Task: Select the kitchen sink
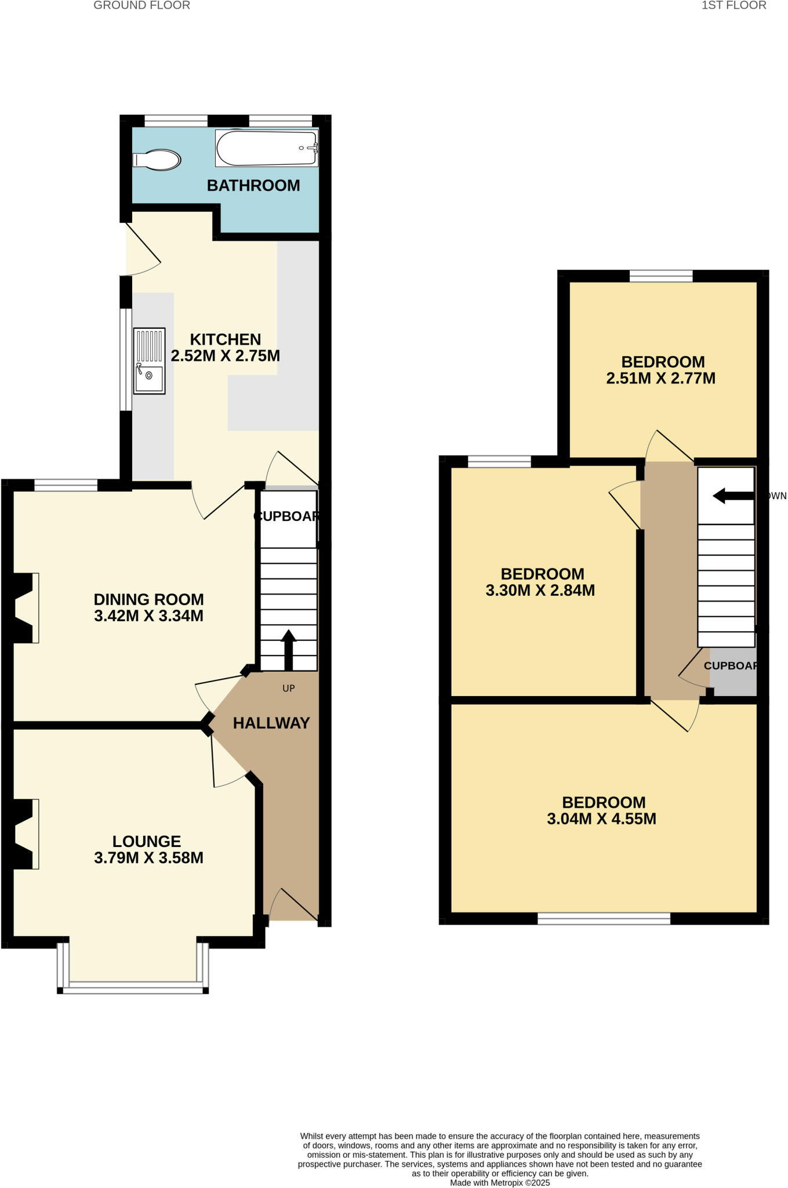point(149,361)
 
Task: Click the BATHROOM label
point(253,186)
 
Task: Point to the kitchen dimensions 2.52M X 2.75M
point(226,356)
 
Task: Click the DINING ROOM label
point(149,599)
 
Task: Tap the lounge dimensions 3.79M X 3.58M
point(149,858)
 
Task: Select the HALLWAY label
point(271,723)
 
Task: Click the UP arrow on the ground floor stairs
point(289,650)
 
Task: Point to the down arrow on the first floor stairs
point(732,496)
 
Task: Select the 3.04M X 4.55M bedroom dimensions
point(602,819)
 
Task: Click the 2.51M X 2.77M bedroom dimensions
point(661,379)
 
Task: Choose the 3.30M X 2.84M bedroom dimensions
point(540,591)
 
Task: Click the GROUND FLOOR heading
point(142,6)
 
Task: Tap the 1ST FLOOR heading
point(733,6)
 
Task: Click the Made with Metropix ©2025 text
point(500,1183)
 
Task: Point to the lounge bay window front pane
point(133,986)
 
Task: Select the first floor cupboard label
point(731,666)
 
